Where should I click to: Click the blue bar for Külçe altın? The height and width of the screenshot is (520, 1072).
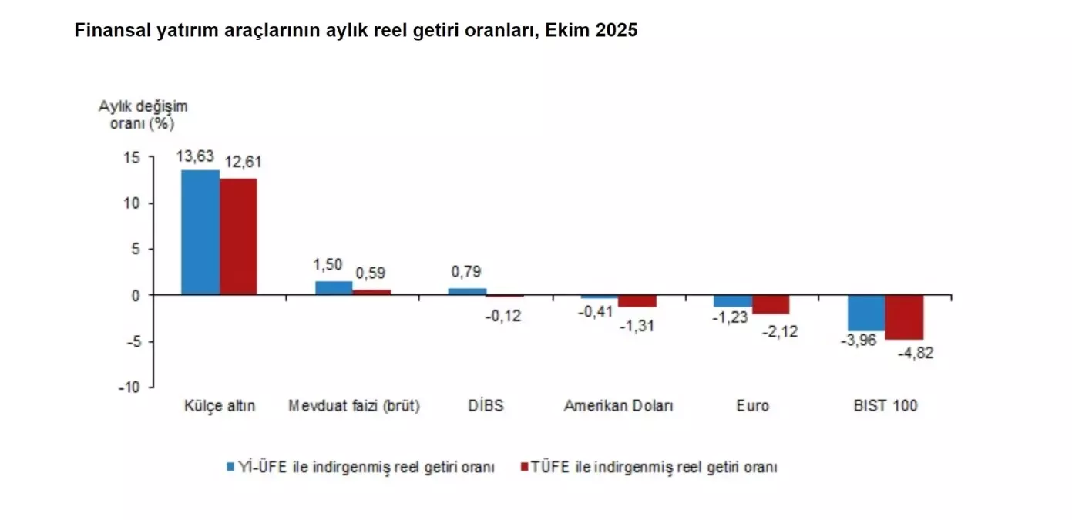[x=200, y=232]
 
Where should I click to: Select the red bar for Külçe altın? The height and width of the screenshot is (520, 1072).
[x=238, y=237]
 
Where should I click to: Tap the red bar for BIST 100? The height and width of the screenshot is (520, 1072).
[x=904, y=317]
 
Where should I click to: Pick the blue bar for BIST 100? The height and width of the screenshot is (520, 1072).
[x=866, y=313]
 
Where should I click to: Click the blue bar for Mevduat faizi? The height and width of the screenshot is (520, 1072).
[x=334, y=288]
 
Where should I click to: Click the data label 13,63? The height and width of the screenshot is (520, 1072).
[x=195, y=156]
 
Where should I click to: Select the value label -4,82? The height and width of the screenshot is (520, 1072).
[x=916, y=354]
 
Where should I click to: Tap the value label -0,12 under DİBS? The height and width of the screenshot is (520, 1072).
[x=503, y=316]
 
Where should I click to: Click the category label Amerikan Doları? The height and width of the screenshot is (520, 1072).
[x=618, y=406]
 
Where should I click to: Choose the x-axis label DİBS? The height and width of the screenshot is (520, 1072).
[x=486, y=406]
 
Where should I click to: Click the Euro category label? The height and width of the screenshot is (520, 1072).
[x=752, y=406]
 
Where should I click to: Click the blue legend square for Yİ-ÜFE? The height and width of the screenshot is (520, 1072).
[x=230, y=467]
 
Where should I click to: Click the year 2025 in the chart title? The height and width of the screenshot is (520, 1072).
[x=617, y=32]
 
